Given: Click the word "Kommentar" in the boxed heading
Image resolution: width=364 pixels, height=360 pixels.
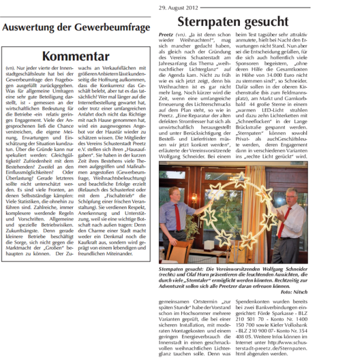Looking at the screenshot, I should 75,56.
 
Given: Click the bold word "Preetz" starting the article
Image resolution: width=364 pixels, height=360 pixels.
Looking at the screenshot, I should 166,35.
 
